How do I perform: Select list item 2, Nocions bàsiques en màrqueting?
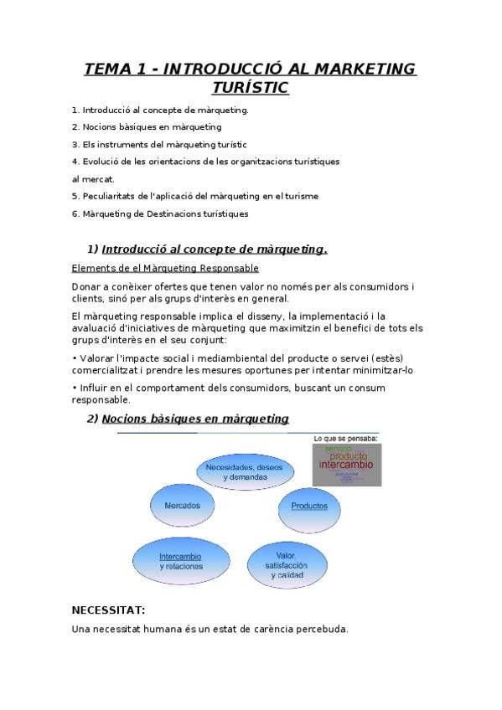[147, 127]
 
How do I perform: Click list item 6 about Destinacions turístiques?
[160, 214]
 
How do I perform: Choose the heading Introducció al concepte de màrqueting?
[214, 249]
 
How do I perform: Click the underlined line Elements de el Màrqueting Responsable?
[165, 268]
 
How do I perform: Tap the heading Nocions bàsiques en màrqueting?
[195, 419]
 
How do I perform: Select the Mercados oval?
[182, 506]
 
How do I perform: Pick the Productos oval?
[309, 507]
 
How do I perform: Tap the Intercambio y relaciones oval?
[180, 561]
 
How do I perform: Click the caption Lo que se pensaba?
[344, 438]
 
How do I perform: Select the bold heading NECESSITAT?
[109, 610]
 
